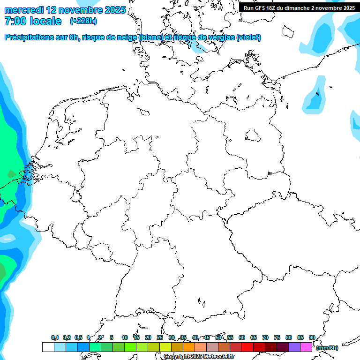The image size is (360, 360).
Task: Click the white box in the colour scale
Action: pyautogui.click(x=48, y=347)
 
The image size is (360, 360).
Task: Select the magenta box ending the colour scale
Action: pyautogui.click(x=306, y=347)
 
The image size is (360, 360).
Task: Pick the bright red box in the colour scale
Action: pyautogui.click(x=247, y=347)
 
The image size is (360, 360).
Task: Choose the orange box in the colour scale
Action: pyautogui.click(x=189, y=347)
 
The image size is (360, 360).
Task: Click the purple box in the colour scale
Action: pyautogui.click(x=294, y=347)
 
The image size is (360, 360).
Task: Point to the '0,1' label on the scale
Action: pyautogui.click(x=55, y=337)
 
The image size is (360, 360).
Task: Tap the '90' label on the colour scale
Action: pyautogui.click(x=312, y=337)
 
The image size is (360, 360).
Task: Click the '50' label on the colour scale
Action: pyautogui.click(x=218, y=337)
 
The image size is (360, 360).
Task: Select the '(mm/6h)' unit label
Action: pyautogui.click(x=327, y=348)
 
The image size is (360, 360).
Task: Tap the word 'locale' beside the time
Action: pyautogui.click(x=45, y=22)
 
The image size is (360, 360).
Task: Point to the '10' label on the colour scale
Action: pyautogui.click(x=125, y=337)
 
